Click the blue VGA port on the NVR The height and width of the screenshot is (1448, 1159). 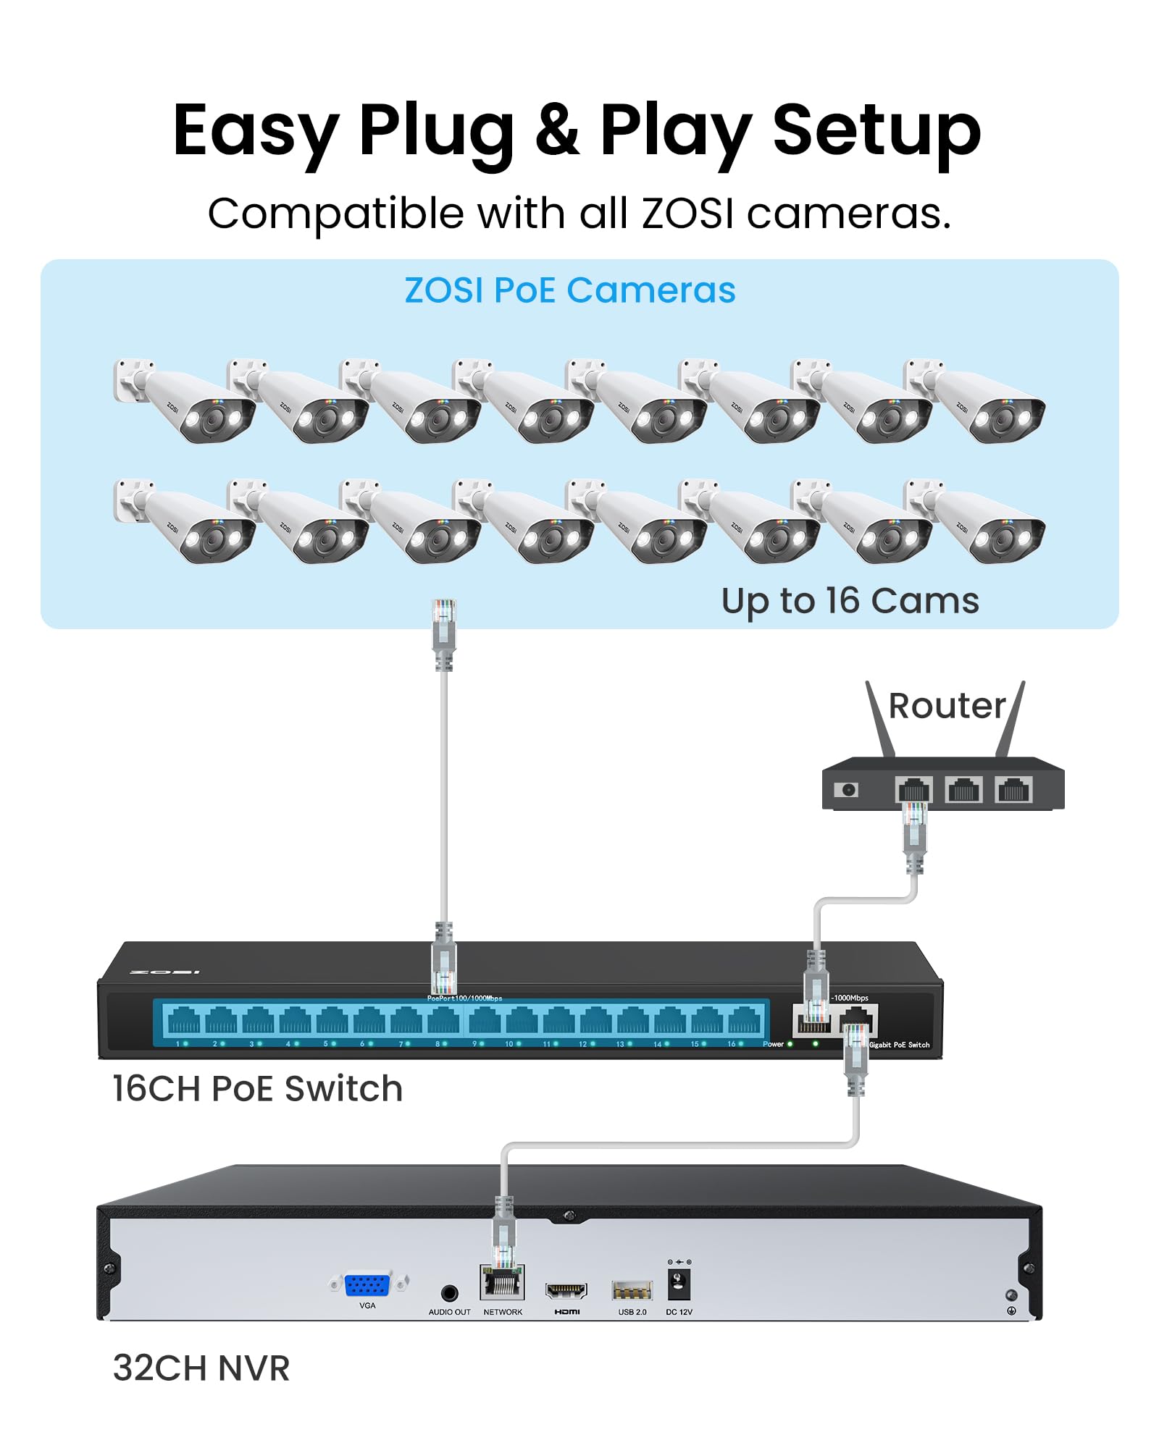pyautogui.click(x=368, y=1285)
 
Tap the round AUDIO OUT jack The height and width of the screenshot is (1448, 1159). pyautogui.click(x=449, y=1293)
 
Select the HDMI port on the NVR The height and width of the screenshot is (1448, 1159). pyautogui.click(x=566, y=1290)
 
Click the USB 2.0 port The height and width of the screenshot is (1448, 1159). pyautogui.click(x=632, y=1290)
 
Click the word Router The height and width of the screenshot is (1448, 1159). pyautogui.click(x=947, y=706)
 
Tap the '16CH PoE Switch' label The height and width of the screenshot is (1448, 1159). pyautogui.click(x=257, y=1089)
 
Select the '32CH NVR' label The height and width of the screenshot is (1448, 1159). pyautogui.click(x=201, y=1368)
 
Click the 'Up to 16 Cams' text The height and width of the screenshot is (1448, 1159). pyautogui.click(x=850, y=601)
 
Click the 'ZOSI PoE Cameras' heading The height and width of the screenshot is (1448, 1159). pyautogui.click(x=570, y=290)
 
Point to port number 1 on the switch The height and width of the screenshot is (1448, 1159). pyautogui.click(x=183, y=1022)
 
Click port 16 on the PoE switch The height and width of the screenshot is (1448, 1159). pyautogui.click(x=744, y=1022)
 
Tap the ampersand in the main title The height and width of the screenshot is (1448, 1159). pyautogui.click(x=557, y=130)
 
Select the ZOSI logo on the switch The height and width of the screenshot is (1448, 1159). pyautogui.click(x=164, y=972)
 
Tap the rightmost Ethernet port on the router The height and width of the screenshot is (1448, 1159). pyautogui.click(x=1013, y=790)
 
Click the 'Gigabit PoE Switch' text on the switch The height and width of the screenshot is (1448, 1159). pyautogui.click(x=899, y=1045)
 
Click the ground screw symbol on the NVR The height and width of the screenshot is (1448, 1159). pyautogui.click(x=1011, y=1310)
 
